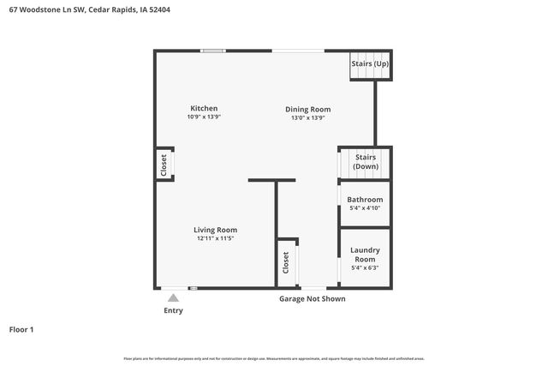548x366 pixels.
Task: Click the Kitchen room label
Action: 204,109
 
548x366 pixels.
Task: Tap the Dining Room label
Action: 307,110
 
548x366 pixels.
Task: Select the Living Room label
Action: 215,230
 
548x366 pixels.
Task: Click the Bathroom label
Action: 365,200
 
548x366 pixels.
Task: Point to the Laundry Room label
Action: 365,255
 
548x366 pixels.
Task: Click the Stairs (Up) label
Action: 370,64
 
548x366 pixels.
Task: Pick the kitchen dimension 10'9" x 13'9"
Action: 204,117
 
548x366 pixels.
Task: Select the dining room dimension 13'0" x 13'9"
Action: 307,118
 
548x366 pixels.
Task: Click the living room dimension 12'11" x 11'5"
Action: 215,238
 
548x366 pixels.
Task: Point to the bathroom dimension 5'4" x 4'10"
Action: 365,208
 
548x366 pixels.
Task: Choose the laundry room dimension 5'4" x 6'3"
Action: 365,267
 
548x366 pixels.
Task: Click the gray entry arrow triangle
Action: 173,297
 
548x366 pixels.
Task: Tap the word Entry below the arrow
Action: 173,310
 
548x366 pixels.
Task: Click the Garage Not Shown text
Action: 313,299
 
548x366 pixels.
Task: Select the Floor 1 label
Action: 21,329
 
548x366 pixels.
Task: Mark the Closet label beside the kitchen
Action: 164,165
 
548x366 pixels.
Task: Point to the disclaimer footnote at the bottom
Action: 274,358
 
